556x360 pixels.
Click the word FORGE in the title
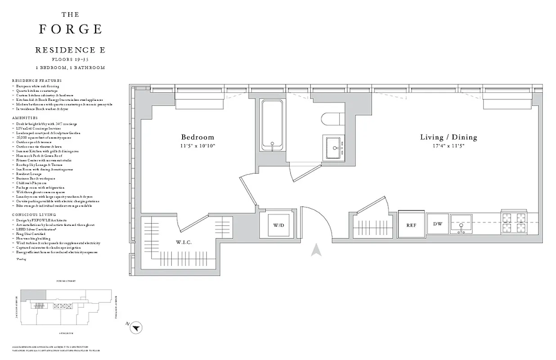pos(70,29)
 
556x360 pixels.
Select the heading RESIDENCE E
pos(70,50)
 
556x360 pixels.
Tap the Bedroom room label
pos(197,137)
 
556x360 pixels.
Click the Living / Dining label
pos(448,137)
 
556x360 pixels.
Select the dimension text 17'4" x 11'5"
pos(448,146)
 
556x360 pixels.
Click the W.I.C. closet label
pos(184,243)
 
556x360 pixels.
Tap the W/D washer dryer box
pos(279,225)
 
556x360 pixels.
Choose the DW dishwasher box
pos(438,224)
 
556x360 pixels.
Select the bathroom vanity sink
pos(335,147)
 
